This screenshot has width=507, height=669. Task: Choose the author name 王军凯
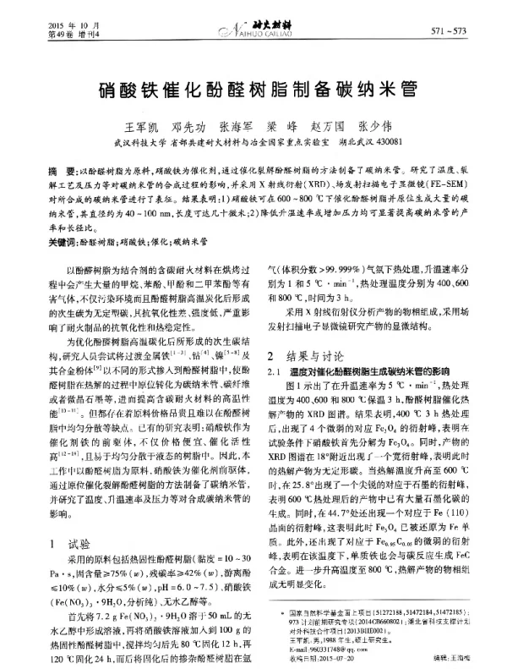click(143, 125)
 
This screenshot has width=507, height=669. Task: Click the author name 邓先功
click(188, 125)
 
